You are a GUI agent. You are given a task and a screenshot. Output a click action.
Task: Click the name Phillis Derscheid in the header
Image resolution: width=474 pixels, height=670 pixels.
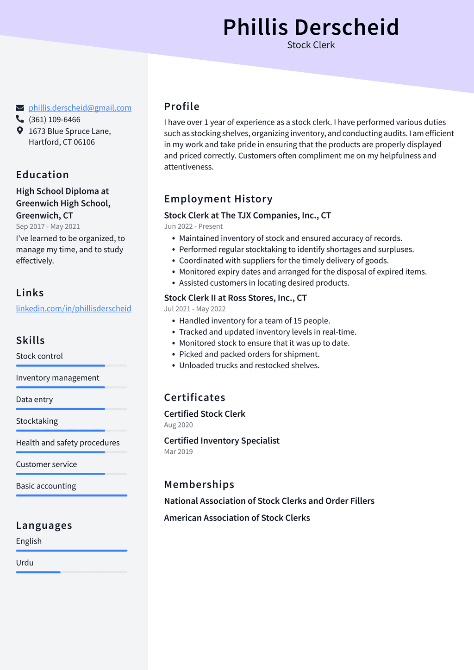point(311,27)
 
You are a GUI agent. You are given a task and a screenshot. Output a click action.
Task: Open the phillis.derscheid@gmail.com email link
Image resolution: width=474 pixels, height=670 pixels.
point(80,108)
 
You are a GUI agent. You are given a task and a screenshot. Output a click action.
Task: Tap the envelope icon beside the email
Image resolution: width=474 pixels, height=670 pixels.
point(20,108)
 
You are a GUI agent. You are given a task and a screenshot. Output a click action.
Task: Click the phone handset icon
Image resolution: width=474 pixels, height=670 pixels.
point(20,119)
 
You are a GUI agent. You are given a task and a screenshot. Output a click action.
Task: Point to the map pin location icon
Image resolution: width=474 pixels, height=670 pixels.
point(20,131)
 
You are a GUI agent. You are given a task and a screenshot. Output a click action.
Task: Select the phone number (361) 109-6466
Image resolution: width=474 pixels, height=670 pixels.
point(55,119)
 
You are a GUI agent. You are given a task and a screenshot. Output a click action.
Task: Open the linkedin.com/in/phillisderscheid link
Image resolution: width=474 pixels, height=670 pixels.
point(74,308)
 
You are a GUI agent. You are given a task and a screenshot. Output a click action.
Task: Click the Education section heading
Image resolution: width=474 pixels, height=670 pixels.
point(43,175)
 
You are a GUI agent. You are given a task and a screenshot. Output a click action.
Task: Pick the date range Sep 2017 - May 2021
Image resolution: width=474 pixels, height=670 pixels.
point(48,226)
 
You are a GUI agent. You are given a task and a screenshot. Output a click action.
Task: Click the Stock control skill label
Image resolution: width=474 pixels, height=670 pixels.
point(39,356)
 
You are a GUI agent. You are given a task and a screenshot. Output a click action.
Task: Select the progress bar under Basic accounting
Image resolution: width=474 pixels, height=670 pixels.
point(71,495)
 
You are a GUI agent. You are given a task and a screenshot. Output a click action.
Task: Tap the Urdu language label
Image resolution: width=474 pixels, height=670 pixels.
point(25,563)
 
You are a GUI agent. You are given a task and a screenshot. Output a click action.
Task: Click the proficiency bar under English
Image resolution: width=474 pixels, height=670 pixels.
point(71,551)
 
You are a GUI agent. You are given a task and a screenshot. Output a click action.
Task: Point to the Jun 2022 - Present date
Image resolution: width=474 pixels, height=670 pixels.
point(193,226)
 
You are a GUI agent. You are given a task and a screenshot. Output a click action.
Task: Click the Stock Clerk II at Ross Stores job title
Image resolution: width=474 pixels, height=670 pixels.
point(235,298)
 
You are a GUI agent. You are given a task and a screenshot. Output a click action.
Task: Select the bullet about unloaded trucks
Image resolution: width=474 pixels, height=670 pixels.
point(249,365)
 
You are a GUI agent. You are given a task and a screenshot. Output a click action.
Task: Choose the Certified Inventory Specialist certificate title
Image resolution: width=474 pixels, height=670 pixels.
point(222,440)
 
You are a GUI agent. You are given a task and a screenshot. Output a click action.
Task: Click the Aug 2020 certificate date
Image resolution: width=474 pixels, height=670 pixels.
point(178,425)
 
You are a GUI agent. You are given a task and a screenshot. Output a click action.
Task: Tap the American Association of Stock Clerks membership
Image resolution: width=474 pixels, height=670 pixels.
point(237,518)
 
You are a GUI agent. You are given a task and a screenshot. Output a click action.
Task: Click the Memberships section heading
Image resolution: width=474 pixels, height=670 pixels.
point(199,484)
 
